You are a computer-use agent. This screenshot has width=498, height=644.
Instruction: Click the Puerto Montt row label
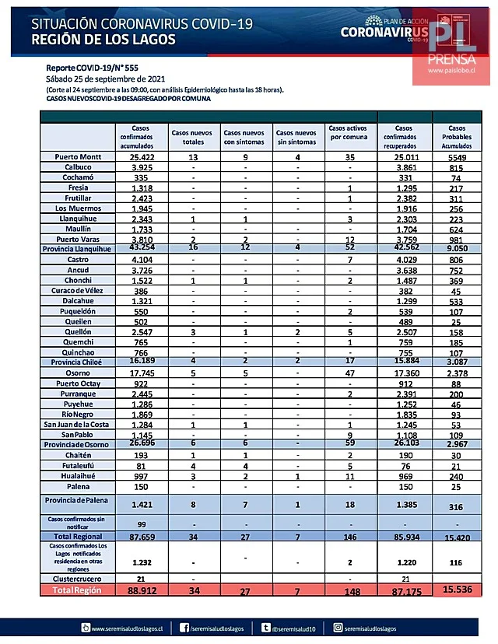click(80, 156)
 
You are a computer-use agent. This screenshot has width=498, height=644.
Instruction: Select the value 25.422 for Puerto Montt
click(141, 156)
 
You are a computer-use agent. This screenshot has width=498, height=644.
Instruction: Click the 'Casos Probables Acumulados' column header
click(458, 136)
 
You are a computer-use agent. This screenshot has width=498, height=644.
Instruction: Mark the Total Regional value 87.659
click(141, 537)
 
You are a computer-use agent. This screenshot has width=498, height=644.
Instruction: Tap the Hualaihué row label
click(79, 475)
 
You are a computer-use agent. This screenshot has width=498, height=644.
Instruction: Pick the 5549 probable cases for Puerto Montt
click(458, 156)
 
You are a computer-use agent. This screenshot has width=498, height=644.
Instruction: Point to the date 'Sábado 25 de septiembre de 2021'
click(106, 79)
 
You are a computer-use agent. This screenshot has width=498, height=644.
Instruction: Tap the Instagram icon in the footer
click(338, 627)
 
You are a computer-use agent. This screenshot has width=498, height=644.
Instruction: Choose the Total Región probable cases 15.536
click(458, 592)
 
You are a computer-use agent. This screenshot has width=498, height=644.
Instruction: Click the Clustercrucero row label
click(79, 579)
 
